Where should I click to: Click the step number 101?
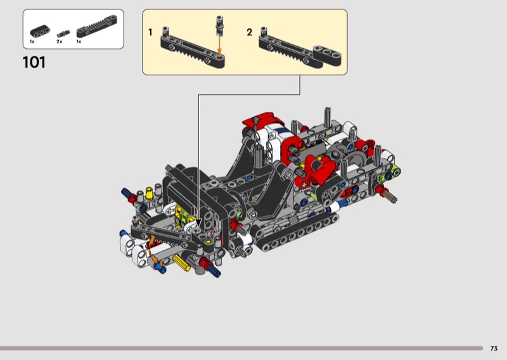pos(34,62)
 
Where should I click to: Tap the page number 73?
pos(494,349)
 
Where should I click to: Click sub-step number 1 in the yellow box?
pos(150,32)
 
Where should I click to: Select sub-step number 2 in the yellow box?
pos(249,32)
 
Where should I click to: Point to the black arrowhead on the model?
pos(198,223)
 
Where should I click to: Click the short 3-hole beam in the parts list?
pos(40,30)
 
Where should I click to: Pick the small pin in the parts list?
pos(63,34)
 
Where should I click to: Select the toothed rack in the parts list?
pos(97,26)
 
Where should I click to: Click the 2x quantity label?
pos(59,42)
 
